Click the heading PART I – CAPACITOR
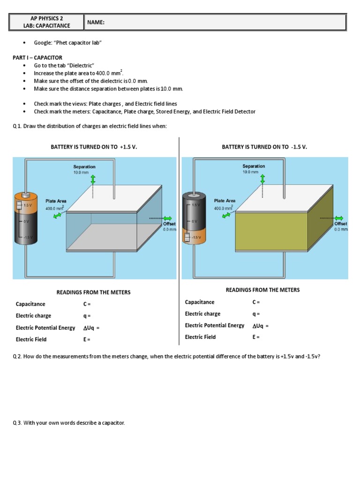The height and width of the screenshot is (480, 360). [37, 58]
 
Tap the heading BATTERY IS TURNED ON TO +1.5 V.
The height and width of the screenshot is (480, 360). [94, 147]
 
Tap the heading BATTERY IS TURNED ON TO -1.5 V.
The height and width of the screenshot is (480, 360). [264, 147]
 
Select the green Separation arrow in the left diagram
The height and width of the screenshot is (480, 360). [93, 180]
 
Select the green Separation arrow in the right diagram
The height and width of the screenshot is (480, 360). [262, 179]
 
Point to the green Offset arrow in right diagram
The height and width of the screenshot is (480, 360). [338, 218]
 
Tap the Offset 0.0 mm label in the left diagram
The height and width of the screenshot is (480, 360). [169, 226]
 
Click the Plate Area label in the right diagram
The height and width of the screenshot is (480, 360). [225, 201]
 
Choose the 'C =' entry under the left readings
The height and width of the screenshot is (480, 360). [87, 304]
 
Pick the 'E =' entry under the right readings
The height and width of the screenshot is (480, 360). [256, 337]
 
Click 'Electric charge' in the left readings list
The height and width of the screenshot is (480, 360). [33, 316]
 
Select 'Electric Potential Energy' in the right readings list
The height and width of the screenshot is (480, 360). [214, 325]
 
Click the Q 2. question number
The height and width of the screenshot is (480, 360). [17, 357]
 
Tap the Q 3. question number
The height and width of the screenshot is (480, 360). [17, 423]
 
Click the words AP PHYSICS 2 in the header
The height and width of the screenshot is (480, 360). [46, 18]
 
